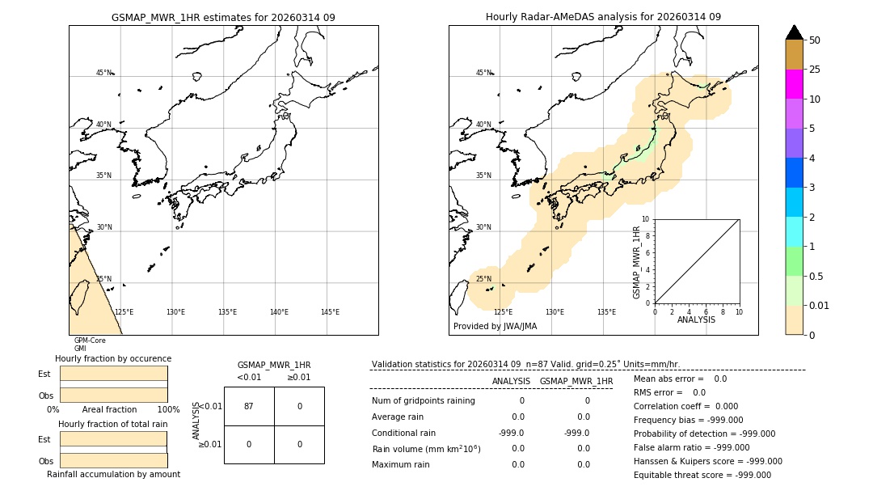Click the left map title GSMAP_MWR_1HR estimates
pos(223,17)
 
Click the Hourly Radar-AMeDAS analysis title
pos(603,17)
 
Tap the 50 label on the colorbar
pos(815,40)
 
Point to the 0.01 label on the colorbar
pos(820,305)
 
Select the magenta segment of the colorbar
pos(794,84)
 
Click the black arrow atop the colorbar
pos(794,32)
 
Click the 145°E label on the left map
pos(330,312)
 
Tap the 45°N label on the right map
pos(483,73)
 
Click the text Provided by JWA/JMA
pos(495,327)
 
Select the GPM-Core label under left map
pos(90,341)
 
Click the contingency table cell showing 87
pos(249,406)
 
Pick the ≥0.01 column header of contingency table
pos(298,377)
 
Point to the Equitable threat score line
pos(702,475)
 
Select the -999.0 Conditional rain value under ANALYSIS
pos(512,433)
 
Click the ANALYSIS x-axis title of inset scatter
pos(696,319)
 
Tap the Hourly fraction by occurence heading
pos(113,358)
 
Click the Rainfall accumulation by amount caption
pos(113,474)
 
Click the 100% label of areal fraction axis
pos(168,410)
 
